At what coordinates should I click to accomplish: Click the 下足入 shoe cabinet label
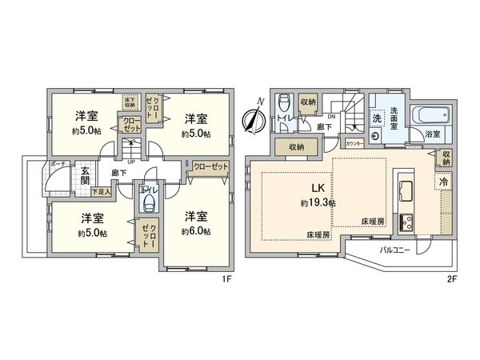[100, 192]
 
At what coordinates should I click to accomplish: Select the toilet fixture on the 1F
[147, 203]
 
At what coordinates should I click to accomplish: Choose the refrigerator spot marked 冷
[442, 183]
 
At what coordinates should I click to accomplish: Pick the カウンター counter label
[354, 142]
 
